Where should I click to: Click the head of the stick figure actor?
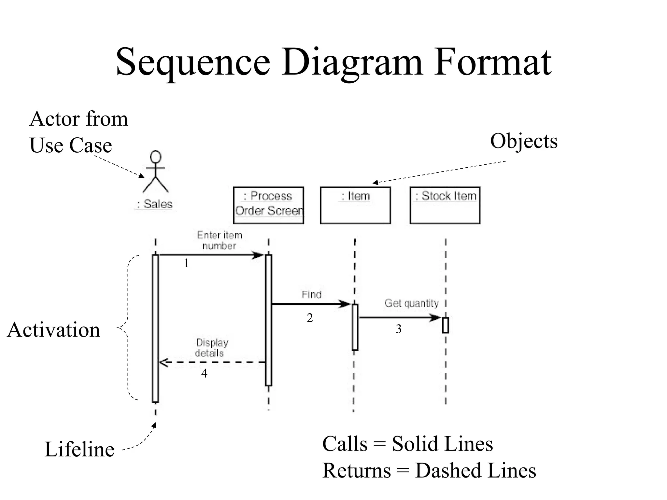coord(156,157)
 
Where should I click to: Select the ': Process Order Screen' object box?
coord(268,205)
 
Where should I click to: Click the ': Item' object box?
coord(355,205)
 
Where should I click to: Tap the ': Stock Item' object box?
coord(445,205)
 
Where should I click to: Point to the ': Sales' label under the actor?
coord(154,204)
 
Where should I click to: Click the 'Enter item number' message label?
coord(219,240)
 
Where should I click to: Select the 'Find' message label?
coord(311,294)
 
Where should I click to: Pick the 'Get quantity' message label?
coord(411,303)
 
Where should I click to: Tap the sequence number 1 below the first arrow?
coord(186,263)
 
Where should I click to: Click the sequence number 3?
coord(398,329)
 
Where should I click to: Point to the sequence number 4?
coord(204,373)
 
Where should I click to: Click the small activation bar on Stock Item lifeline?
coord(445,325)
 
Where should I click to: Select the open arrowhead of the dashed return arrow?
coord(163,362)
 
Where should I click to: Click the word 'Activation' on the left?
coord(54,330)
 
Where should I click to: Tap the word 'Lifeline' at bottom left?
coord(79,449)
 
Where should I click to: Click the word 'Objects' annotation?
coord(524,141)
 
